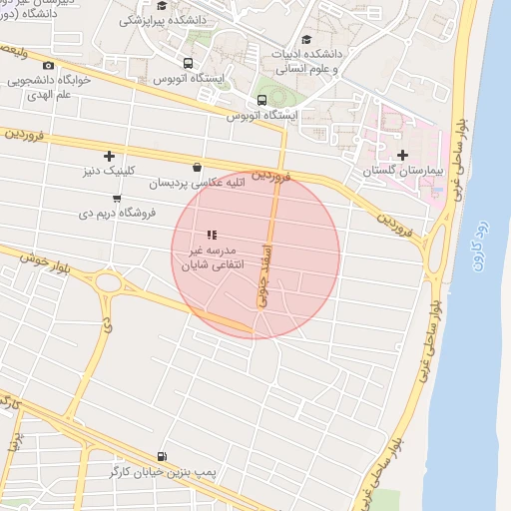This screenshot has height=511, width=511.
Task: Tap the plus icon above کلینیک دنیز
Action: coord(109,156)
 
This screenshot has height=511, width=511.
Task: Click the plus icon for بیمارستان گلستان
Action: coord(402,155)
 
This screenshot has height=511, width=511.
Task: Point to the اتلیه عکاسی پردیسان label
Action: coord(197,184)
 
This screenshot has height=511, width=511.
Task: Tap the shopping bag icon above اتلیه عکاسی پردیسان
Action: coord(197,168)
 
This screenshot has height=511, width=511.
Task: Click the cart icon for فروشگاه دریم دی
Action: coord(117,198)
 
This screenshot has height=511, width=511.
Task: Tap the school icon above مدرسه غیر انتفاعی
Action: coord(211,235)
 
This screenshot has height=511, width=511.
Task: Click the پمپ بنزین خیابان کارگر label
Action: coord(162,470)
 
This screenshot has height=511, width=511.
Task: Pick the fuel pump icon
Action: coord(162,454)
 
